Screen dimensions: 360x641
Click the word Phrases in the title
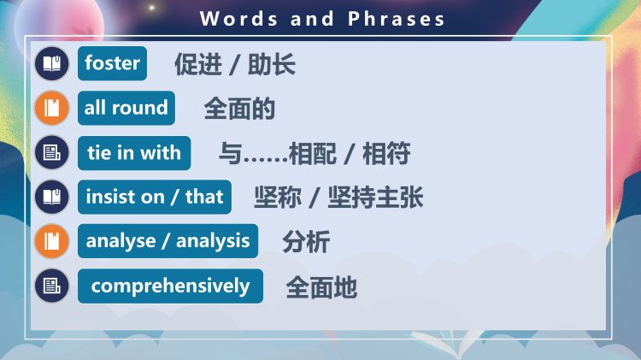(x=397, y=19)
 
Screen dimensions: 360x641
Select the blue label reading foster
(x=112, y=63)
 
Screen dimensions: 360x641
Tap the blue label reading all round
(x=126, y=108)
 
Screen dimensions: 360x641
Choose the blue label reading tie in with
(x=133, y=153)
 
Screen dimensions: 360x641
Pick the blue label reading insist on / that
(x=154, y=197)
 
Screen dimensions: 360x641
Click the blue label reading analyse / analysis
(x=168, y=241)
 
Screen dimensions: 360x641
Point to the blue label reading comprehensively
(x=170, y=286)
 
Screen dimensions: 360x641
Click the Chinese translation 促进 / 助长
(x=235, y=64)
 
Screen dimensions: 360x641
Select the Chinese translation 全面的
(x=239, y=109)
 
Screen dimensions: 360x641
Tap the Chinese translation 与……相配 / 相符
(x=315, y=154)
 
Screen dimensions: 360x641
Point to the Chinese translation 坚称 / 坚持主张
(x=338, y=198)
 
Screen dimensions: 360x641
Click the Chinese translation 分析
(x=306, y=242)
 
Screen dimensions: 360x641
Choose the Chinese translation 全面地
(x=321, y=287)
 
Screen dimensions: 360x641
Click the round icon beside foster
(x=52, y=63)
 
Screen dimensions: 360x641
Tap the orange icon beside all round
(x=52, y=108)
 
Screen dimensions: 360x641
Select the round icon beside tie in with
(x=52, y=153)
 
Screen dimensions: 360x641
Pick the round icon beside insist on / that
(x=52, y=197)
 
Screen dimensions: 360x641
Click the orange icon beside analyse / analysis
(x=52, y=241)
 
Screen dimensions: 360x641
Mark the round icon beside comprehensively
(x=52, y=286)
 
